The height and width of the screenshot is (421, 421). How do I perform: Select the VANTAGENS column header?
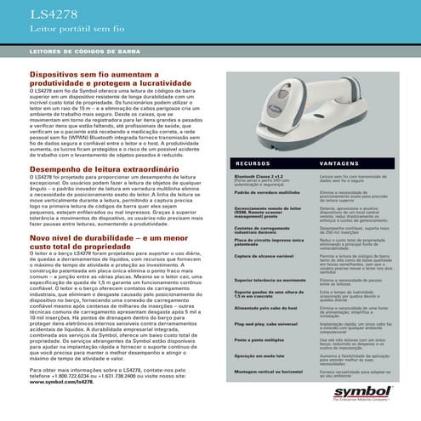[x=339, y=161]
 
